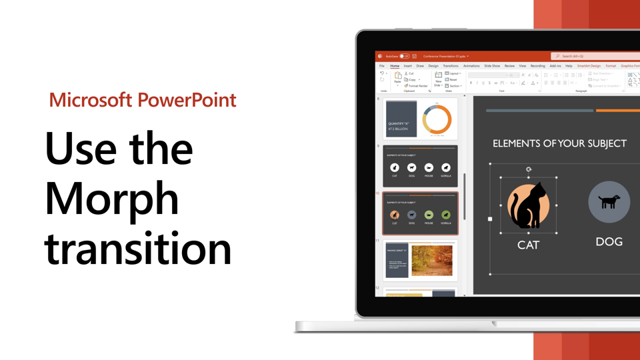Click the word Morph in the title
[112, 199]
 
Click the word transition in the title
[138, 249]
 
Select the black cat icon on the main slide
[528, 206]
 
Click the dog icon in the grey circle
[609, 201]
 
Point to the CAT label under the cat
[528, 245]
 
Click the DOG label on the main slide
[609, 241]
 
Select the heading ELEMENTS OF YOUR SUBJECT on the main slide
[559, 143]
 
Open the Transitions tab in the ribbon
[451, 66]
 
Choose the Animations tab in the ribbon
[471, 66]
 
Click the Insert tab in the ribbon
[407, 66]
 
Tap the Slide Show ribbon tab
[492, 66]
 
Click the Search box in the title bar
[593, 56]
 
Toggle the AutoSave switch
[404, 56]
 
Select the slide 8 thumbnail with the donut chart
[420, 119]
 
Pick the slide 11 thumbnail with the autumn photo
[420, 259]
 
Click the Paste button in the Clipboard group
[397, 78]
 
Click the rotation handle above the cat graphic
[529, 169]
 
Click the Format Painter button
[417, 86]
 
